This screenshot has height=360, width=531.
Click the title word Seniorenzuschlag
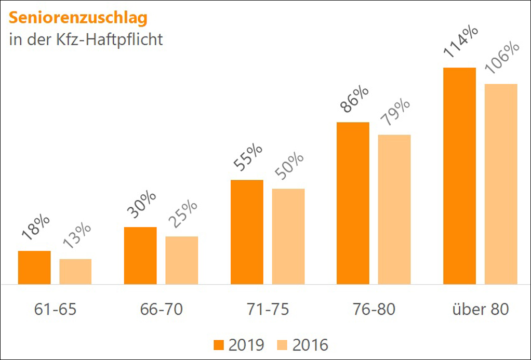coord(78,18)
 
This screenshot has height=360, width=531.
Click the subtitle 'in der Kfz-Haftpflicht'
coord(86,40)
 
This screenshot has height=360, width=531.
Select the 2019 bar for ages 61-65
coord(34,268)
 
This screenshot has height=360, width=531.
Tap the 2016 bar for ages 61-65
coord(75,271)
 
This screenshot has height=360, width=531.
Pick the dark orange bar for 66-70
coord(140,256)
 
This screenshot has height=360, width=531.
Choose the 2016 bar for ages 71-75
coord(288,236)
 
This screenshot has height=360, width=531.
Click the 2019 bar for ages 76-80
coord(353,203)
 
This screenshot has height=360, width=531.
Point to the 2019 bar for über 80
coord(459,176)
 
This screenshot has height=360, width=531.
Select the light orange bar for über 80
coord(501,184)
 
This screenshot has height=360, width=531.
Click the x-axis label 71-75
coord(268,310)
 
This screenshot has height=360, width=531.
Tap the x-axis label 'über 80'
coord(480,310)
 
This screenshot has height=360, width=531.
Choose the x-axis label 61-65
coord(55,310)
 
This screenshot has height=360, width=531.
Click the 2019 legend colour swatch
coord(219,344)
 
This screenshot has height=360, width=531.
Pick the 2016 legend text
coord(310,344)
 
